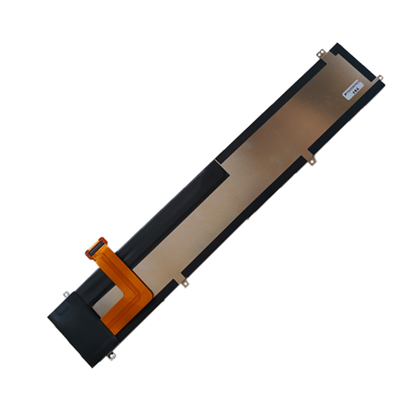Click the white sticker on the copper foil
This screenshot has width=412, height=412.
pos(353,89)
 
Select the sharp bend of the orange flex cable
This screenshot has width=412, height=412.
pos(142,294)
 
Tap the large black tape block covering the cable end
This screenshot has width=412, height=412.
pos(77,324)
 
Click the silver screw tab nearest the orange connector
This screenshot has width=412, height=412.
pos(65,295)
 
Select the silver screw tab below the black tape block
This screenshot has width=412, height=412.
pos(112,355)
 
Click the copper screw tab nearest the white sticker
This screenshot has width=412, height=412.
pos(380,78)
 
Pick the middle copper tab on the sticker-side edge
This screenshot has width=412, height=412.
pos(312,160)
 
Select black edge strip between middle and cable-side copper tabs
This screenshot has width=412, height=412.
pos(247,221)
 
